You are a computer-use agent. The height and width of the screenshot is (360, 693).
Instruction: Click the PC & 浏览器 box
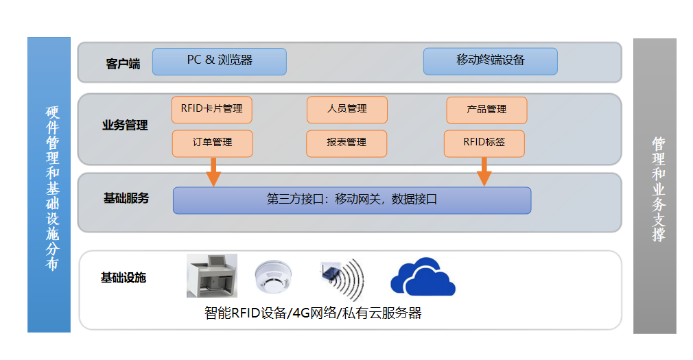click(x=219, y=61)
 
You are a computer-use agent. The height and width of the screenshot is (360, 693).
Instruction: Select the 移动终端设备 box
click(x=490, y=61)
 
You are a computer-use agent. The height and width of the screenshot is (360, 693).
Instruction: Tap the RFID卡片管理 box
click(x=212, y=110)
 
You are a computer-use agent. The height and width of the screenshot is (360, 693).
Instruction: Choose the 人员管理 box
click(x=346, y=110)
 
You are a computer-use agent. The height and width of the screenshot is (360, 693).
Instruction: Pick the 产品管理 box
click(x=486, y=110)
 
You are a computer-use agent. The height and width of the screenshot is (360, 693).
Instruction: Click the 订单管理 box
click(x=212, y=143)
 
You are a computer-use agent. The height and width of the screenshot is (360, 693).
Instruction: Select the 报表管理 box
click(x=346, y=143)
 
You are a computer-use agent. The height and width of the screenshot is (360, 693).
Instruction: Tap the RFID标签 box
click(x=484, y=143)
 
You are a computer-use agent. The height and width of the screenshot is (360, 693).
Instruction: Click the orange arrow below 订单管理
click(x=213, y=171)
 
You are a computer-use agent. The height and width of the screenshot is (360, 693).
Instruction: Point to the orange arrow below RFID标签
click(x=485, y=171)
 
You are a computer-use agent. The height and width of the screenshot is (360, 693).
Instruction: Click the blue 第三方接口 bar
click(x=351, y=200)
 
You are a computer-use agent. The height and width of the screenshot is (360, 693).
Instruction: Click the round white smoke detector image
click(x=274, y=278)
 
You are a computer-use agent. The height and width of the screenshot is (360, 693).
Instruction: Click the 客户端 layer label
click(x=124, y=64)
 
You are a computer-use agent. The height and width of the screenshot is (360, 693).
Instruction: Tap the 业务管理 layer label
click(x=125, y=126)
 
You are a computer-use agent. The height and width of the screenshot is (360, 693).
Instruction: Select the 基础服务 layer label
click(x=126, y=198)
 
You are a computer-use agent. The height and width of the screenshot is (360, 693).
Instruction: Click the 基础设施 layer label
click(x=124, y=278)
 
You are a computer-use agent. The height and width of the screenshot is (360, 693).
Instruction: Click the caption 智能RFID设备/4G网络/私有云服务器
click(x=313, y=314)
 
